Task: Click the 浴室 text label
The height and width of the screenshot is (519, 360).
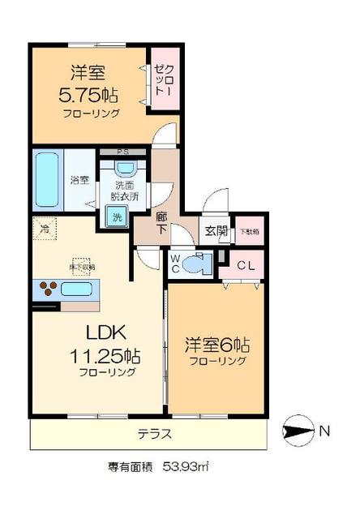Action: pos(79,179)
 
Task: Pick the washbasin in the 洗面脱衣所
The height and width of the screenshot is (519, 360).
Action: pos(126,169)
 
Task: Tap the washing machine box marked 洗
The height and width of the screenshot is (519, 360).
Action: pos(116,217)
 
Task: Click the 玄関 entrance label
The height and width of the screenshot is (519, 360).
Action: pos(215,232)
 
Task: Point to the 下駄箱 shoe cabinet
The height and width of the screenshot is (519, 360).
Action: pos(249,231)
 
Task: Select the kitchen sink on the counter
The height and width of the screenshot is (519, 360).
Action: pos(78,289)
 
